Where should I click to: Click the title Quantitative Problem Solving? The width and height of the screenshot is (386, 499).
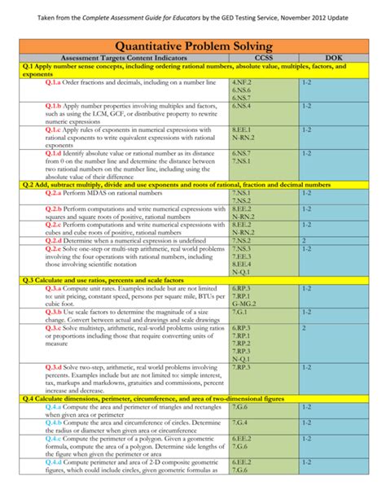click(x=193, y=46)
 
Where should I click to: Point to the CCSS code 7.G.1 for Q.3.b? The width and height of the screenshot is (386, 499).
click(x=240, y=311)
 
